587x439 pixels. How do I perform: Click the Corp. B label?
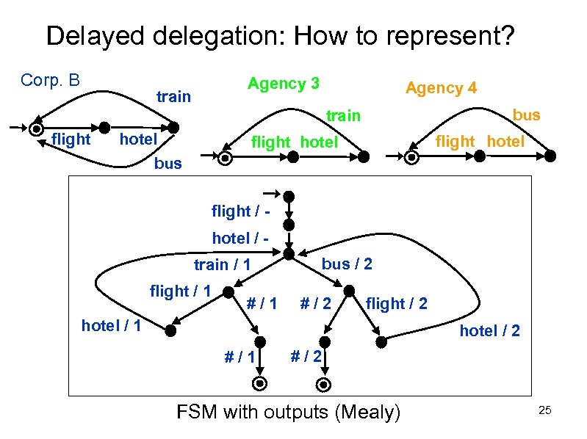pos(51,79)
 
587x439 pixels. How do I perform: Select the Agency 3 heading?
pos(283,84)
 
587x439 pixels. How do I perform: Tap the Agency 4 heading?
pos(441,88)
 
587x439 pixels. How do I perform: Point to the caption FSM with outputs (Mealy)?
pos(289,413)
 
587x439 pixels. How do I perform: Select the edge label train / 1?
pos(223,264)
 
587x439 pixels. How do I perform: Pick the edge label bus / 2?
pos(347,264)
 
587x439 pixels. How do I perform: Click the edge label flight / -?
pos(237,211)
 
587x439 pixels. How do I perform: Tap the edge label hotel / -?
pos(237,238)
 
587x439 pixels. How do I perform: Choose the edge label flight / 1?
pos(180,291)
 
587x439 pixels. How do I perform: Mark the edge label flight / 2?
pos(396,302)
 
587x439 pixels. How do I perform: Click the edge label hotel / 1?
pos(111,324)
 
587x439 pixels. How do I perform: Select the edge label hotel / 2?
pos(489,331)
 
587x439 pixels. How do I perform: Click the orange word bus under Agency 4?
pos(526,115)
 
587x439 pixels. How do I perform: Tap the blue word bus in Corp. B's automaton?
pos(168,163)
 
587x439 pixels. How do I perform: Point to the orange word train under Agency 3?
pos(343,115)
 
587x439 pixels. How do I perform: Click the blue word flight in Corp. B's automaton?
pos(71,139)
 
